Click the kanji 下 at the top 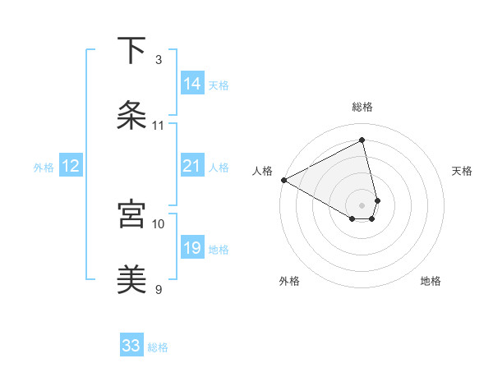[132, 51]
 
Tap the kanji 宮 [132, 214]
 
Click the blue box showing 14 [192, 83]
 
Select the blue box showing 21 [191, 166]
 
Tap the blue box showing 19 [192, 248]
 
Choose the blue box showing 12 [71, 166]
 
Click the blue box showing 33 [131, 346]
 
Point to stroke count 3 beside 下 [159, 60]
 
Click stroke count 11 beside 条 [159, 126]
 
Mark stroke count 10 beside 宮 [159, 223]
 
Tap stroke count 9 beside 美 [159, 289]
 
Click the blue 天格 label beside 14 [219, 85]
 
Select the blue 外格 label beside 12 [44, 168]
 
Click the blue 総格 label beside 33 [158, 347]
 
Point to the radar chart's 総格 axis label [362, 108]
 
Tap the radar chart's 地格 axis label [431, 281]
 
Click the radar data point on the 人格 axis [283, 180]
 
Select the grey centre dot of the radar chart [362, 204]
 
